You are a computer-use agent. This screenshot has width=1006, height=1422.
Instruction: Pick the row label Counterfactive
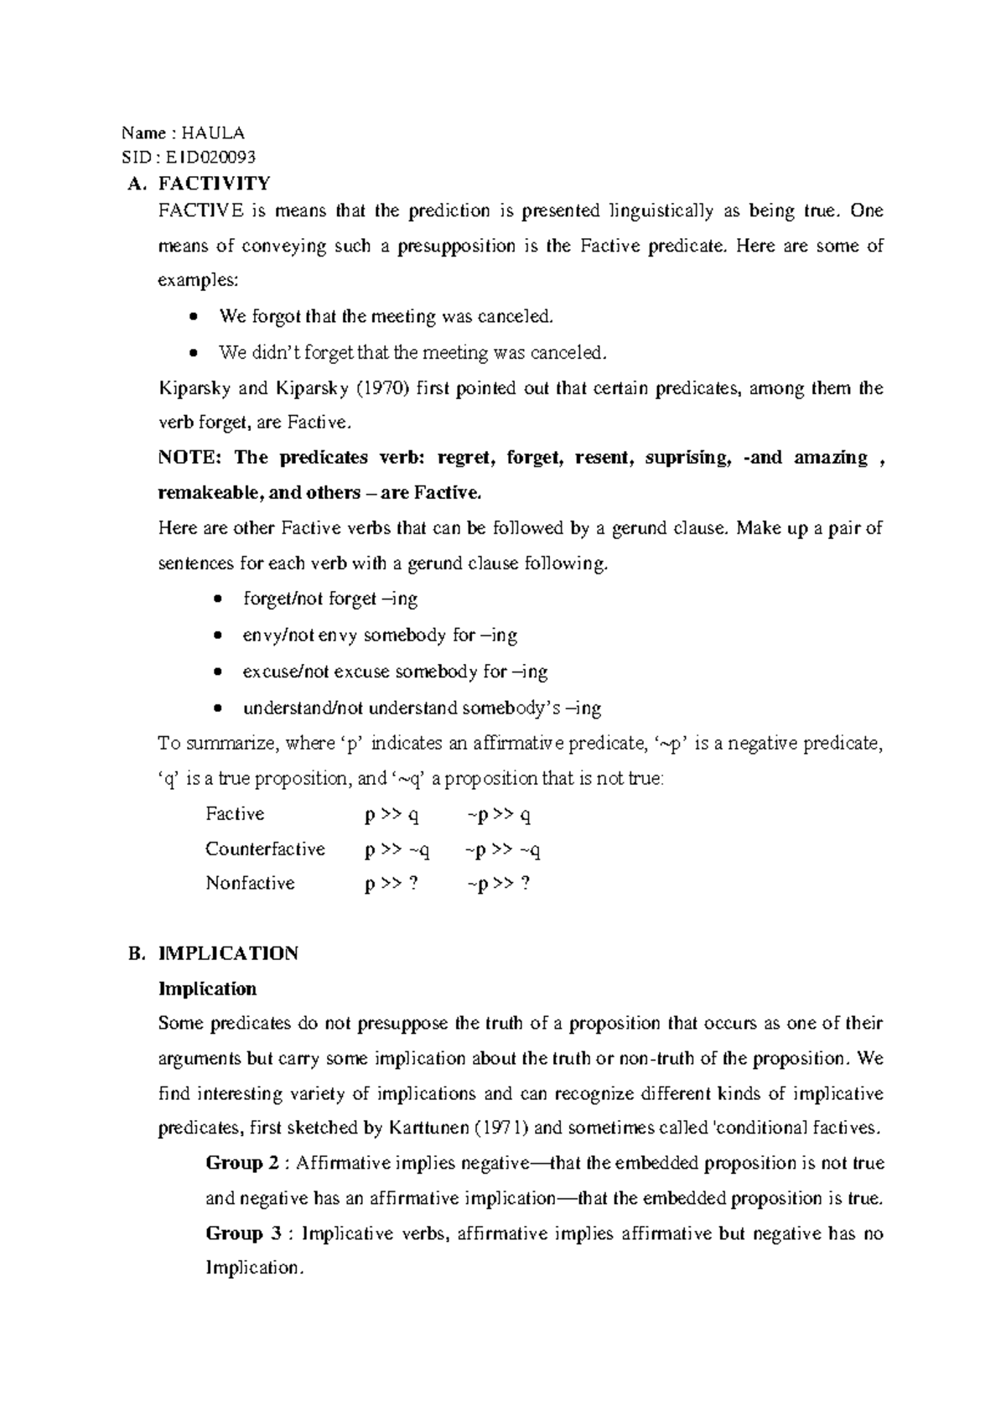tap(265, 849)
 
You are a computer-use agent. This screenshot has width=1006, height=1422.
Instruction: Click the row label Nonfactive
tap(250, 884)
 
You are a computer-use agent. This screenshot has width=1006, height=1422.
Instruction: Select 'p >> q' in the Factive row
tap(392, 815)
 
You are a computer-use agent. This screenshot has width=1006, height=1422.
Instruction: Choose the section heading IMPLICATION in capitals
tap(228, 953)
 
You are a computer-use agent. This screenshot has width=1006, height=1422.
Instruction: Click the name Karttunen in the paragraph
tap(428, 1129)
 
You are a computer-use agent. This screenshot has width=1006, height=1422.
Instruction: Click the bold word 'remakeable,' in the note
tap(210, 493)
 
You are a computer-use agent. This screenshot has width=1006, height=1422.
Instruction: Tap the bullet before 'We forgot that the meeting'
tap(194, 317)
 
